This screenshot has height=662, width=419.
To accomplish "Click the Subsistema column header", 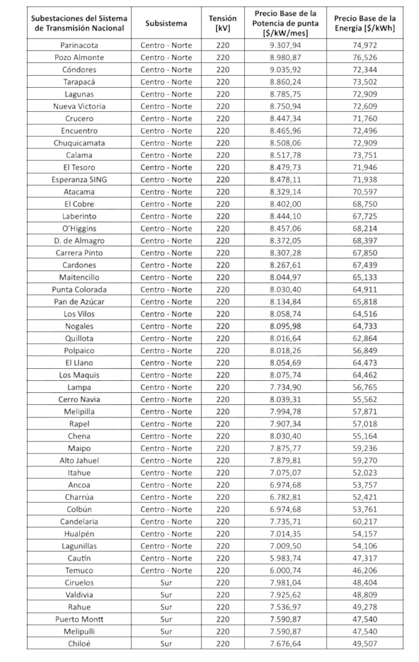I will tap(166, 23).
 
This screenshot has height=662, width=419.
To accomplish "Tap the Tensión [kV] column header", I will tap(223, 23).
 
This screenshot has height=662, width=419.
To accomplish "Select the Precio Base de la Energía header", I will tap(364, 23).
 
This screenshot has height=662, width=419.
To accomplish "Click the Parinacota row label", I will tap(79, 45).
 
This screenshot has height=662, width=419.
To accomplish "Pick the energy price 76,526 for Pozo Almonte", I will tap(364, 57).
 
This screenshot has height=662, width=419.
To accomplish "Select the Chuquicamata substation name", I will tap(79, 143).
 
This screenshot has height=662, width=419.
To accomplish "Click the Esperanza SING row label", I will tap(79, 180).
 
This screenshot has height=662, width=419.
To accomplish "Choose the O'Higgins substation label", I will tap(79, 228).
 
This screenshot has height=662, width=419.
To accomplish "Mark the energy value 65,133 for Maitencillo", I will tap(364, 277).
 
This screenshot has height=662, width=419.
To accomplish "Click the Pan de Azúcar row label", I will tap(79, 302).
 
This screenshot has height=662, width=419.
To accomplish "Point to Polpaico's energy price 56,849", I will tap(364, 350).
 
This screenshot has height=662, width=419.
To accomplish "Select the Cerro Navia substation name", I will tap(79, 399).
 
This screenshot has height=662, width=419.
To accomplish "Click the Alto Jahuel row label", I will tap(79, 460).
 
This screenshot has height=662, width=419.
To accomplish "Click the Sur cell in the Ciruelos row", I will tap(166, 583).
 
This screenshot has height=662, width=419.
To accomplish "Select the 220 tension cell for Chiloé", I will tap(223, 644).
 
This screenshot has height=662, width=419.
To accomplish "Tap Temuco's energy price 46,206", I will tap(364, 570).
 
